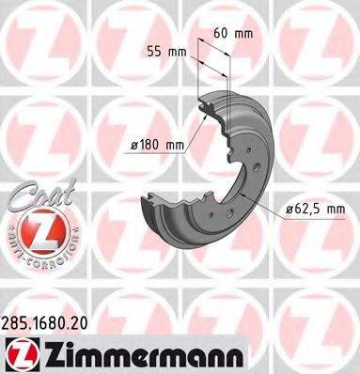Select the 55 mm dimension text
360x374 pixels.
tap(166, 53)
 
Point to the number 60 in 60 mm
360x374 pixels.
tap(220, 31)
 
